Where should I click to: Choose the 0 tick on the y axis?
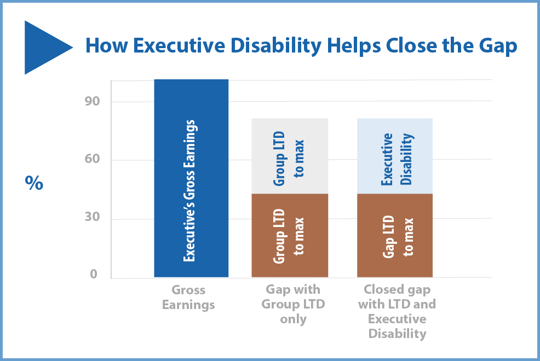coord(94,275)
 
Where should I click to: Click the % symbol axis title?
coord(34,183)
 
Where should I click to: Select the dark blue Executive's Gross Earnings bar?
coord(191,178)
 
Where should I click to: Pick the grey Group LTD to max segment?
coord(290,156)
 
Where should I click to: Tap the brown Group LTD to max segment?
coord(290,235)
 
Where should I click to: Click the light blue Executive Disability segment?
coord(395,156)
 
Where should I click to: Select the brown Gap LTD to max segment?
coord(395,235)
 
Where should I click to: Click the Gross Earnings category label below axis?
coord(188,298)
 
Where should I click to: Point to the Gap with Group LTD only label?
coord(293,304)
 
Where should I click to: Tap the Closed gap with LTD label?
coord(397,311)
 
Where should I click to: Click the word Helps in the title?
coord(352,46)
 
